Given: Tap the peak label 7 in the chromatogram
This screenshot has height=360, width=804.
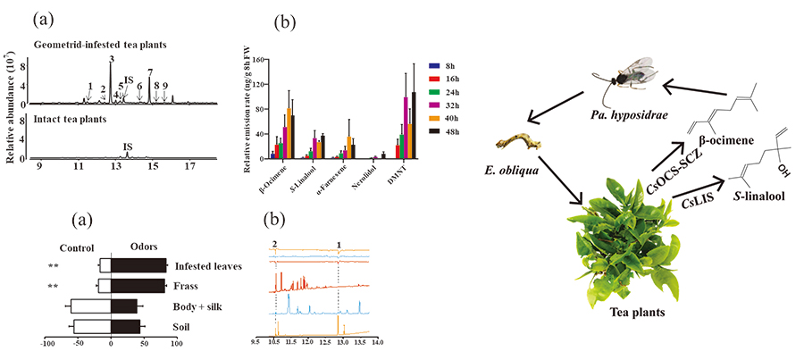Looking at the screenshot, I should (x=150, y=72).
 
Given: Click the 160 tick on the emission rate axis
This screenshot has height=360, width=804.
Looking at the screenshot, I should (x=257, y=60).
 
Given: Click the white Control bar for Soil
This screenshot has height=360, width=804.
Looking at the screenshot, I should (x=90, y=327).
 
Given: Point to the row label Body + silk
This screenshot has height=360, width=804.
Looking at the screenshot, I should (x=200, y=307).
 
